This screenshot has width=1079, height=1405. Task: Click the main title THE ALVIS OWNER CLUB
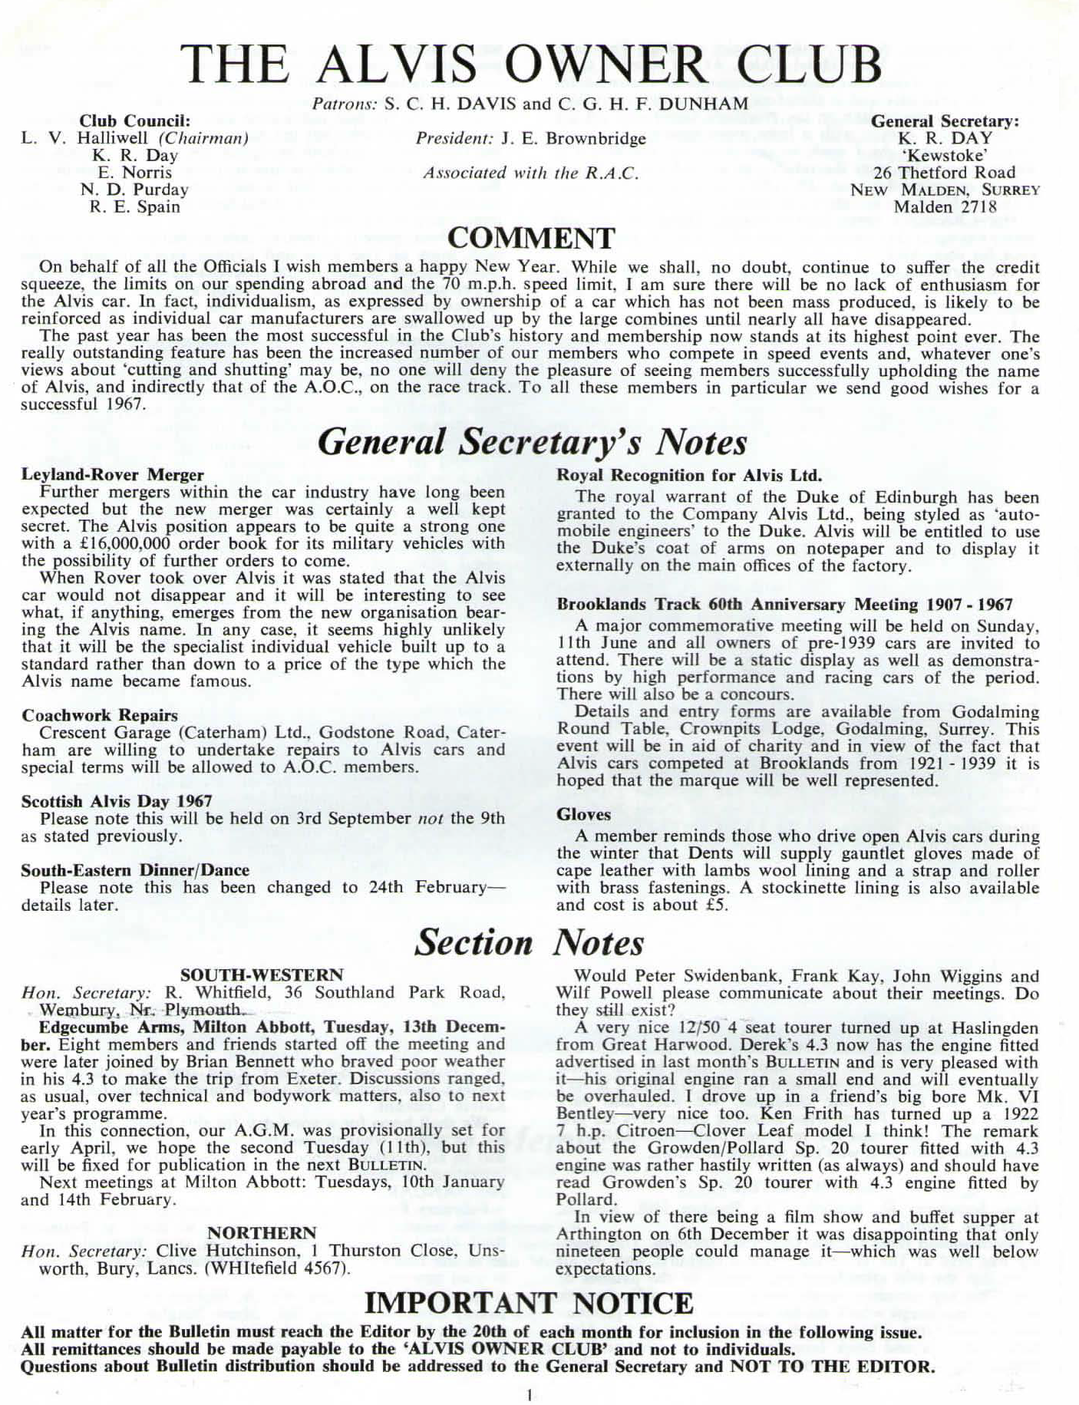click(x=531, y=64)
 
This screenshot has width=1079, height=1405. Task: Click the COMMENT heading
click(x=531, y=239)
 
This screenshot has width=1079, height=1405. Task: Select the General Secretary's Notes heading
click(x=532, y=443)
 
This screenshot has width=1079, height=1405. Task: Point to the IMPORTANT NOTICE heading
click(x=529, y=1303)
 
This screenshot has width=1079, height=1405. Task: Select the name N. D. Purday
click(x=134, y=190)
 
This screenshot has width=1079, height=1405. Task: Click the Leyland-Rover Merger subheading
click(x=113, y=475)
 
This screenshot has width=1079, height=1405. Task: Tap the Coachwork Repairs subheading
click(x=100, y=715)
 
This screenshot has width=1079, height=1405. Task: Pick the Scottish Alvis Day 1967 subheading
click(x=106, y=801)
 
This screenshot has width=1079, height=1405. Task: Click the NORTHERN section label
click(x=262, y=1233)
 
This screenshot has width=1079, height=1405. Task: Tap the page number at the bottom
click(x=530, y=1395)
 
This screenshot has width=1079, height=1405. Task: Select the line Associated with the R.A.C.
click(x=530, y=173)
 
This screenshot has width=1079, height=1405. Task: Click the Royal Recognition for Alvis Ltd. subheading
click(x=689, y=475)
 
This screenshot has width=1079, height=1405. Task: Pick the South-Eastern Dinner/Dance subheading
click(x=135, y=870)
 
